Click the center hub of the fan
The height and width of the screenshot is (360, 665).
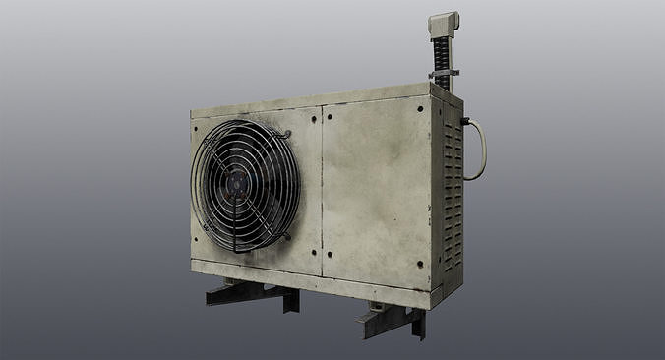click(x=241, y=184)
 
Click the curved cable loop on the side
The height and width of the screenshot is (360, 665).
click(x=481, y=150)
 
